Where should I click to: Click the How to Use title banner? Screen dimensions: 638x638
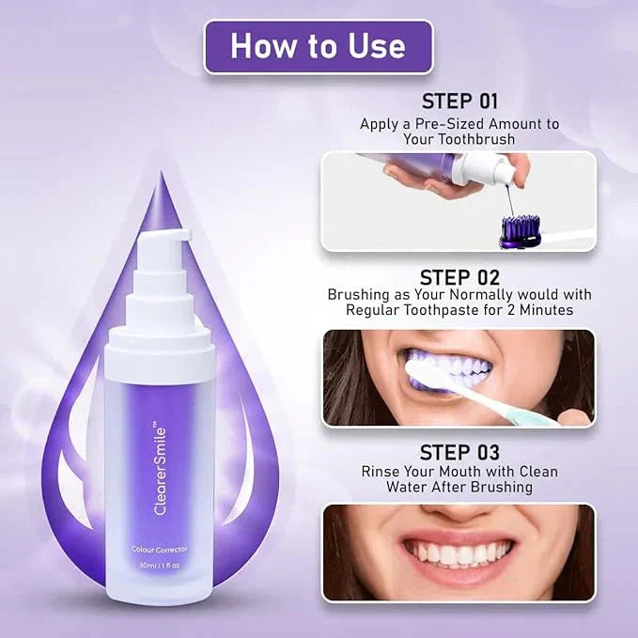(x=318, y=46)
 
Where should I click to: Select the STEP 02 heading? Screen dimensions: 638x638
(x=459, y=277)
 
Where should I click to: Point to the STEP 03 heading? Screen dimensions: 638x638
(x=459, y=452)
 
